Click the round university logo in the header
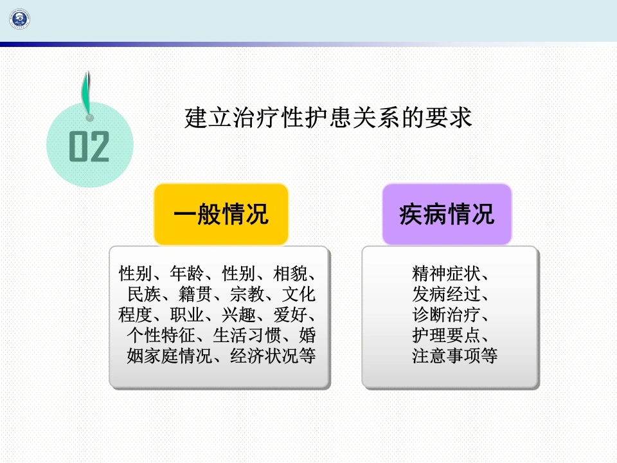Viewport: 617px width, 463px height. point(20,19)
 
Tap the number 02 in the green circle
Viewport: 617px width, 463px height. point(89,146)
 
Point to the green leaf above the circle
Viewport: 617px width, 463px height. point(87,95)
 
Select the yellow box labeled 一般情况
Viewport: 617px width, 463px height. point(221,214)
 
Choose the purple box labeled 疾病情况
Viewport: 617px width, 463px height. point(447,214)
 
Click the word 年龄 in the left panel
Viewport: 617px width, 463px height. point(187,273)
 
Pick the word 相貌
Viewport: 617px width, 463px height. point(291,273)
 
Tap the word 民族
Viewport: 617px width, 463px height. point(145,294)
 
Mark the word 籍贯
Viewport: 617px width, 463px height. point(195,294)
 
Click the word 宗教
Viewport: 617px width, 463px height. point(247,294)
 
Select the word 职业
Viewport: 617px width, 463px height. point(187,314)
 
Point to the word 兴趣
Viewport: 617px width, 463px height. point(238,314)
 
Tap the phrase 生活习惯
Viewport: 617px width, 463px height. point(247,335)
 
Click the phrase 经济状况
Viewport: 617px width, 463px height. point(264,356)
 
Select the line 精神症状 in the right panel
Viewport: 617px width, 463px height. point(446,273)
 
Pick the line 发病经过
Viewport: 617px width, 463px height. point(446,294)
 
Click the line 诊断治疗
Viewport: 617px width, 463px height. point(446,314)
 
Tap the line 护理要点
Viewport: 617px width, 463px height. point(446,335)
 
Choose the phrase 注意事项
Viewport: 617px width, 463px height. point(446,356)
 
